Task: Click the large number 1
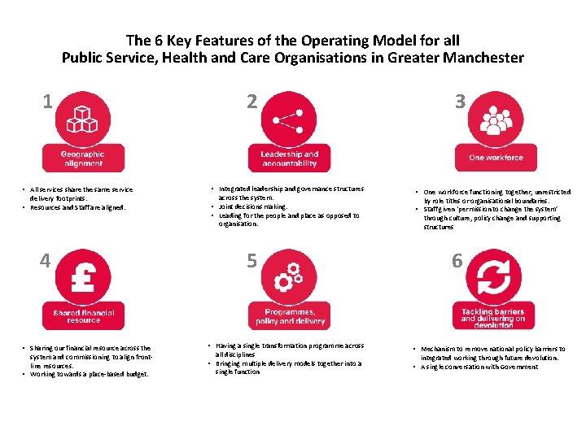coord(48,102)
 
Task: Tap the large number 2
coord(251,102)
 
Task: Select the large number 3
coord(460,102)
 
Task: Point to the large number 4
coord(46,261)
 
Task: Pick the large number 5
coord(251,261)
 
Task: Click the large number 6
coord(457,261)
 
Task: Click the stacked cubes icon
coord(82,120)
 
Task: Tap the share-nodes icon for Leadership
coord(288,120)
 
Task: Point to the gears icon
coord(288,278)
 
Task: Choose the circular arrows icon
coord(493,278)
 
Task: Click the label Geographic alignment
coord(83,159)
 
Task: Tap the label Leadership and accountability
coord(289,159)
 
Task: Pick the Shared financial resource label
coord(83,316)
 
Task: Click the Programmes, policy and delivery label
coord(289,316)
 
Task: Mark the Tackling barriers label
coord(494,316)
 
